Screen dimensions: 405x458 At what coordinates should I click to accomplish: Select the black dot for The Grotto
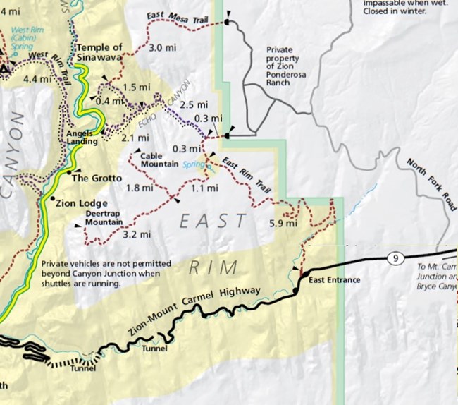coord(69,171)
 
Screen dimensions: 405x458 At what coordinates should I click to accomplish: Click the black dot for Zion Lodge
coord(53,200)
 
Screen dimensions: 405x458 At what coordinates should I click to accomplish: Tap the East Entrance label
coord(335,280)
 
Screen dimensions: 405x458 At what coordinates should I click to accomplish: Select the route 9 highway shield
coord(396,259)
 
